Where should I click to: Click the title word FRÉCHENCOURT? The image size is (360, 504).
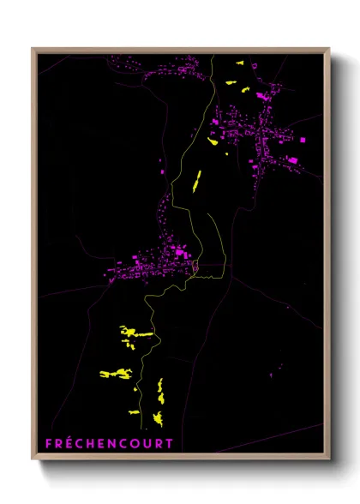(109, 443)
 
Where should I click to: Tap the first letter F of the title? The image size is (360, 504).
(49, 443)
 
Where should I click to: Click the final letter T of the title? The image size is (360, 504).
(169, 443)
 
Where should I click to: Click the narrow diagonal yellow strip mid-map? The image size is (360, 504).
(196, 181)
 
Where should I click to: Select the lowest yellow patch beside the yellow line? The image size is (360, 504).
(158, 418)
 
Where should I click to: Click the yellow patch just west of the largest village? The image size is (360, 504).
(213, 141)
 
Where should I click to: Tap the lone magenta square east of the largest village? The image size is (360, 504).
(301, 139)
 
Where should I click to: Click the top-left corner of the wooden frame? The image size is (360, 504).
(33, 49)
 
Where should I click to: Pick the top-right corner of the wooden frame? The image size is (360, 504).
(329, 49)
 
